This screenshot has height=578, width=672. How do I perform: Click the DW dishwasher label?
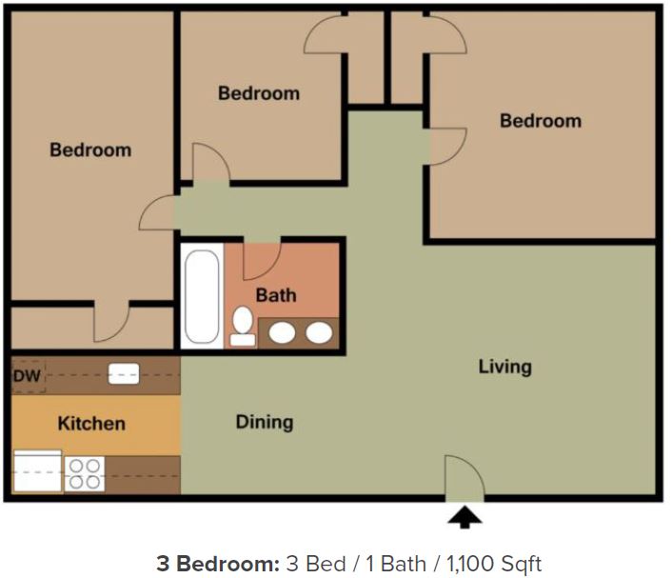pos(27,377)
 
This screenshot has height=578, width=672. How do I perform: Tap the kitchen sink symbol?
pos(124,375)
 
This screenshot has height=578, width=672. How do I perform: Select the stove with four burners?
pos(85,473)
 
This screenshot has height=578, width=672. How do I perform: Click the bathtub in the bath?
pos(202,295)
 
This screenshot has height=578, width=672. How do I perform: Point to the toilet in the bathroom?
pos(243,325)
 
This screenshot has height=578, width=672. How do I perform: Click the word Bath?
pos(275,295)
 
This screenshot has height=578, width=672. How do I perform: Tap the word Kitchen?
pos(91,423)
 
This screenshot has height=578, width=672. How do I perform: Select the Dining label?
pos(265,422)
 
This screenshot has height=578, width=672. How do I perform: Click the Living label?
pos(504,367)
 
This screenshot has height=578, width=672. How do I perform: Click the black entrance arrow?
pos(464,517)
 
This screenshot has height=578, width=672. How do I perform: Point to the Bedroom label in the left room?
pos(90,149)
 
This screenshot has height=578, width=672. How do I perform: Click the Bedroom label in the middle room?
pos(258,93)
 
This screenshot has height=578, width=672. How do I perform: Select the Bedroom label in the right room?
pos(540,121)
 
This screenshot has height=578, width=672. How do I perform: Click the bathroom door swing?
pos(262,259)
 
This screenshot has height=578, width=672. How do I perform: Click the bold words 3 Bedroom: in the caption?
pos(217,563)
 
